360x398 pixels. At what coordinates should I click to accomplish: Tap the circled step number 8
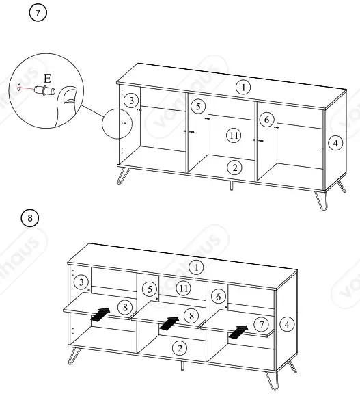tap(29, 219)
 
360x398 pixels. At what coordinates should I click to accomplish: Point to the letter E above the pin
tap(46, 77)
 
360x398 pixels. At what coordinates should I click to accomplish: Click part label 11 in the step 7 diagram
tap(234, 135)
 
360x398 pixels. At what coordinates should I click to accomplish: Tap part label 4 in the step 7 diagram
tap(334, 143)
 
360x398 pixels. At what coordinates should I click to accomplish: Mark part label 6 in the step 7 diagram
tap(267, 118)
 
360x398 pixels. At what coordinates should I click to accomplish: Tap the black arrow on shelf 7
tap(237, 332)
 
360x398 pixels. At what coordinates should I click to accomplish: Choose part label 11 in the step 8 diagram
tap(183, 288)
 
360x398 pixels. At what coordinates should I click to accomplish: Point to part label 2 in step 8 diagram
tap(179, 349)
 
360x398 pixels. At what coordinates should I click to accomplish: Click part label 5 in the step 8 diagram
tap(148, 289)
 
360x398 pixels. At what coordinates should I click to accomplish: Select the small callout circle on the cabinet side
tap(115, 124)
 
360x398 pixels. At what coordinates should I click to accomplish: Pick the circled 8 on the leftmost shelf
tap(124, 307)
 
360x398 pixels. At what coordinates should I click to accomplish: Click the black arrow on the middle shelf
tap(167, 321)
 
